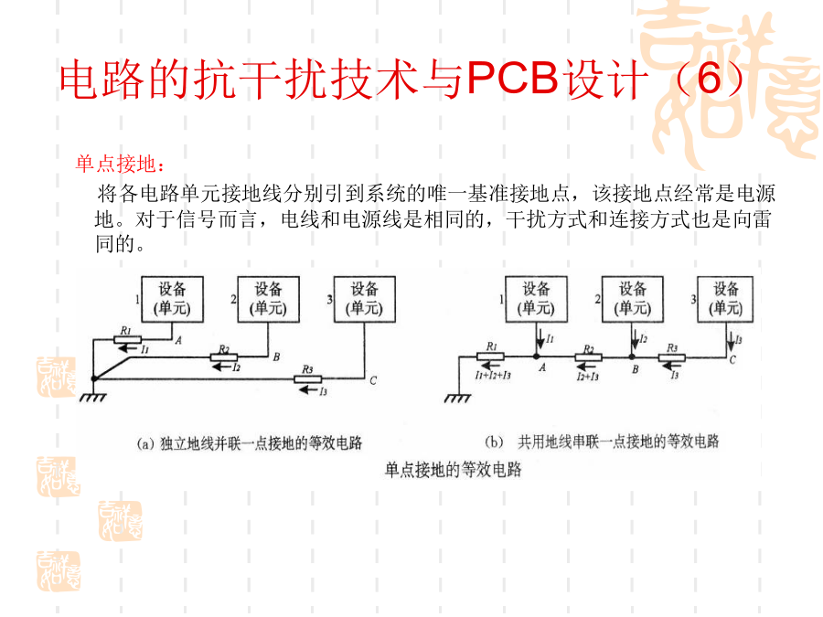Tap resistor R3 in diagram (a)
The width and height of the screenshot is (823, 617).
coord(309,377)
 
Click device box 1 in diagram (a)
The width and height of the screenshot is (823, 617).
coord(172,299)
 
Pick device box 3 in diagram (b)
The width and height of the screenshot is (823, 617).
coord(726,299)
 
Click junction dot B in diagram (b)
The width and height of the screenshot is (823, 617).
coord(631,357)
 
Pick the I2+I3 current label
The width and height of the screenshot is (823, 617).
coord(588,375)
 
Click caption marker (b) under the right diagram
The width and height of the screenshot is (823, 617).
coord(493,441)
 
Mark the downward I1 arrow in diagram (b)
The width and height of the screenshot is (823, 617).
coord(537,339)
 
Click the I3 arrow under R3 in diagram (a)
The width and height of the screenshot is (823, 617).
coord(308,389)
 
